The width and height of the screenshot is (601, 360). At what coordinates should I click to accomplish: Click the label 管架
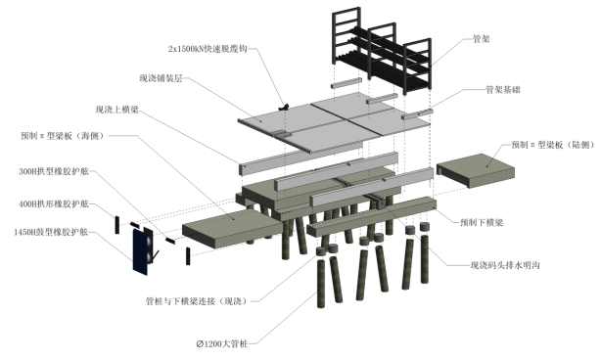(x=481, y=39)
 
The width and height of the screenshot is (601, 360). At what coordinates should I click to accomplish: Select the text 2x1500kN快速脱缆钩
(x=208, y=49)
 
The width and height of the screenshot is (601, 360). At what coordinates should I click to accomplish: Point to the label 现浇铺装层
(x=161, y=78)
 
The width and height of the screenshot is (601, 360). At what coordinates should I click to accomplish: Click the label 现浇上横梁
(x=116, y=110)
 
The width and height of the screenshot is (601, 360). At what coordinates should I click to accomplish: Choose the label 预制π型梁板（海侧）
(x=62, y=136)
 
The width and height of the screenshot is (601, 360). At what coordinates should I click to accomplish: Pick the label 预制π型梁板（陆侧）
(x=553, y=145)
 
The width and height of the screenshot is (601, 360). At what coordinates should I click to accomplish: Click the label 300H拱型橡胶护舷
(x=54, y=171)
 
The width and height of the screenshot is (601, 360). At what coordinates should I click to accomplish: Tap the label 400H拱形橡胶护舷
(x=54, y=203)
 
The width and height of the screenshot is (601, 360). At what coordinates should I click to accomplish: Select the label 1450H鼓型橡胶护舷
(x=51, y=232)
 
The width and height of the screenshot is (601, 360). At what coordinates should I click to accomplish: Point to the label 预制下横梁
(x=481, y=222)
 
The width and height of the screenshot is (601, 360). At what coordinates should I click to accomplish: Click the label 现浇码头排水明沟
(x=505, y=265)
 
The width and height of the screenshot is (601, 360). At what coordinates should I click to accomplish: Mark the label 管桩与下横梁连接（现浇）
(x=197, y=301)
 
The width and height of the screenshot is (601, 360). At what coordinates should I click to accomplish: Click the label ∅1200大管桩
(x=222, y=344)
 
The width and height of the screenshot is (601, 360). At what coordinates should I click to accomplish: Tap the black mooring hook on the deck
(x=284, y=107)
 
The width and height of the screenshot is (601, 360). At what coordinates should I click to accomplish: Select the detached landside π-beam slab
(x=476, y=170)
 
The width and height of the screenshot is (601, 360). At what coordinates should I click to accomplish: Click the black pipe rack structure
(x=382, y=51)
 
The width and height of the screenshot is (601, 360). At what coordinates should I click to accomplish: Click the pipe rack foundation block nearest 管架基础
(x=417, y=114)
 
